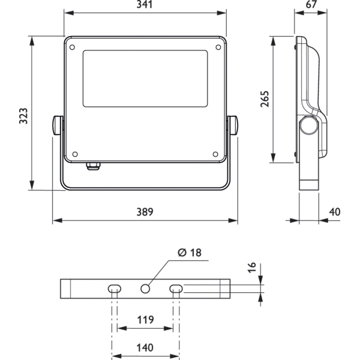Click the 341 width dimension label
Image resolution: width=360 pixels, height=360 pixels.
point(145,4)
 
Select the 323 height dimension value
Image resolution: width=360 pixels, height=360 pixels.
point(23,116)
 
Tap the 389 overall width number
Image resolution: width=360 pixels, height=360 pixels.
point(145,212)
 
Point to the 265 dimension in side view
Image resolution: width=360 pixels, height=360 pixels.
point(265,99)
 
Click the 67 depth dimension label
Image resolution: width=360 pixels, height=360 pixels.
point(311,4)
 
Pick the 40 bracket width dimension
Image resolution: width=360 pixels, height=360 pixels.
point(335,212)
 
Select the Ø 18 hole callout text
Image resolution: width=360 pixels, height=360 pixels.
point(190,253)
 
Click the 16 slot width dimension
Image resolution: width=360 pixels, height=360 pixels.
point(252,267)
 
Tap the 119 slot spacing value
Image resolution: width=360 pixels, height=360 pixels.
point(145,320)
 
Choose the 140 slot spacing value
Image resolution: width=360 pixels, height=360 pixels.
point(145,347)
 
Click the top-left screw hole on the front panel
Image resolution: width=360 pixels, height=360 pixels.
point(72,47)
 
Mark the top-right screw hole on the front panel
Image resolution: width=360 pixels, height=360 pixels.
point(218,47)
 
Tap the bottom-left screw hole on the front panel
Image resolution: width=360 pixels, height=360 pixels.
point(75,154)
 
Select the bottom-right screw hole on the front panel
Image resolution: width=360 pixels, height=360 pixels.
point(215,154)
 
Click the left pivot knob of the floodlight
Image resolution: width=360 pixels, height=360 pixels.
point(58,125)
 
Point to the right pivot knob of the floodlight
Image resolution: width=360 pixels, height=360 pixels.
point(233,125)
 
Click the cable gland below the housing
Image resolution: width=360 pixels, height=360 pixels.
point(93,166)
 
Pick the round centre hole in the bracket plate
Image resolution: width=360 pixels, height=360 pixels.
point(145,289)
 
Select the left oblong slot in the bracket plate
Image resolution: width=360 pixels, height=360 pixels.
point(115,289)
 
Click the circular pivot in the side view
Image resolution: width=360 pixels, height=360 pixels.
point(309,125)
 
